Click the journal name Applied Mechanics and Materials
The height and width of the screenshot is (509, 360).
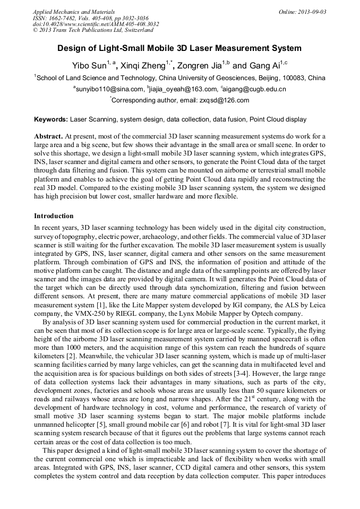pos(74,11)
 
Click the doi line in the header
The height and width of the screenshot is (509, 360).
pos(96,24)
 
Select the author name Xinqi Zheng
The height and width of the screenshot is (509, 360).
pos(140,66)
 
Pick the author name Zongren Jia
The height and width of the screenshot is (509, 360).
pos(199,66)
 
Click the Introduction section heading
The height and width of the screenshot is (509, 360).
pos(54,216)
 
